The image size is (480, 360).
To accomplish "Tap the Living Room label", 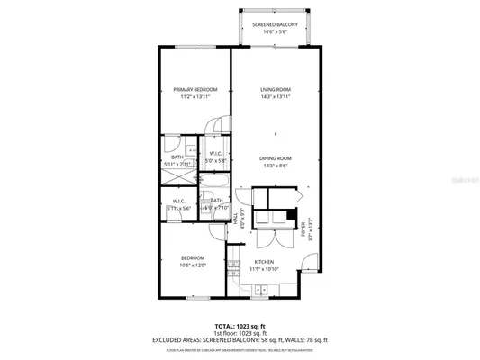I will (x=275, y=90).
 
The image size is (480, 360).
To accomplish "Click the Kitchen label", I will (x=263, y=263).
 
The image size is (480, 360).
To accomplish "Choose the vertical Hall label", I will (x=234, y=219).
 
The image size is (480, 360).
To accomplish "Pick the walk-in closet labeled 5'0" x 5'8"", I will (x=216, y=161).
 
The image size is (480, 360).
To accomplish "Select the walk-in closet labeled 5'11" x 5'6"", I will (x=179, y=208).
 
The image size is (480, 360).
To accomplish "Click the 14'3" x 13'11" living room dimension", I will (x=275, y=97).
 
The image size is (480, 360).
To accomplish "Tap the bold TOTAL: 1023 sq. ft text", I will (x=239, y=325).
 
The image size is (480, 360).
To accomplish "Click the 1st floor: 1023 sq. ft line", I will (x=239, y=332).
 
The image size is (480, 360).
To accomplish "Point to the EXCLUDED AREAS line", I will (x=239, y=339).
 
